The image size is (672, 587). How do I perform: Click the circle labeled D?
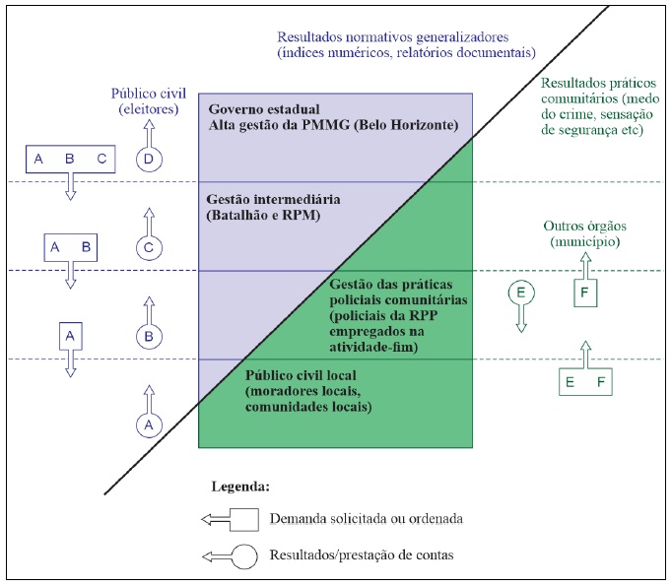click(x=148, y=159)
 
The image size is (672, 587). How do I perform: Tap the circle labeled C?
click(x=148, y=247)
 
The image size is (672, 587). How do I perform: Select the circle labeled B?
click(x=148, y=336)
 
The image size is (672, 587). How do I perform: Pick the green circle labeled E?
click(x=519, y=293)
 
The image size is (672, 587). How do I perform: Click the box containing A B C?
click(x=71, y=159)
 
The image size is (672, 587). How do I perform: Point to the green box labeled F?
click(x=584, y=293)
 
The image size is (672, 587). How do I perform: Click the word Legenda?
click(x=240, y=487)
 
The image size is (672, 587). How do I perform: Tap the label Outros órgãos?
click(x=583, y=226)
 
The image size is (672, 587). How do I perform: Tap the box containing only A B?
click(x=70, y=247)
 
